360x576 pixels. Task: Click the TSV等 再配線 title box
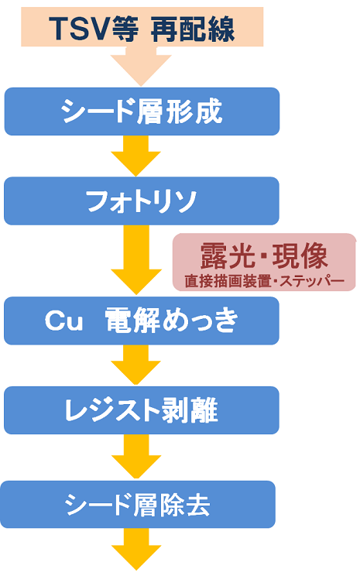[142, 27]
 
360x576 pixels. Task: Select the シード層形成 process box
[142, 111]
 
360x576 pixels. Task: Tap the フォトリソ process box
[142, 201]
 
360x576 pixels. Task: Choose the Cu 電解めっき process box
[142, 321]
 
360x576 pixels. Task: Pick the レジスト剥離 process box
[142, 410]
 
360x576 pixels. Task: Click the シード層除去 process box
[138, 504]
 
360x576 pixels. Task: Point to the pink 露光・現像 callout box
[265, 262]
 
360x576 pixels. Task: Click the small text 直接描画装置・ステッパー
[265, 281]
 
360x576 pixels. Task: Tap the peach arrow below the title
[141, 66]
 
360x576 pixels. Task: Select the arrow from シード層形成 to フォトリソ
[136, 156]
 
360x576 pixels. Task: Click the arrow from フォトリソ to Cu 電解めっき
[136, 259]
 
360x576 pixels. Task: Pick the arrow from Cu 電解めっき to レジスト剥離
[136, 365]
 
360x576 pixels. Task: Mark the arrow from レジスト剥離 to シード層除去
[136, 456]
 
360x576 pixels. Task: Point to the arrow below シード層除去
[136, 549]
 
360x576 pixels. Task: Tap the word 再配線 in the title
[193, 29]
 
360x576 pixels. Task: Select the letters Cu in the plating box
[63, 321]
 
